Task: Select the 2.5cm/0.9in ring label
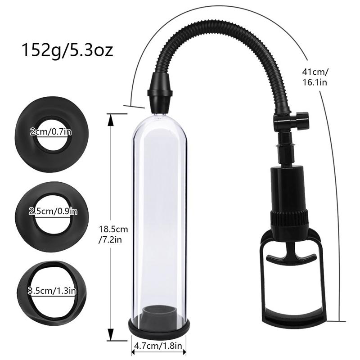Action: pos(51,211)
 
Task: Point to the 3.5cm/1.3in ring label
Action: pos(51,290)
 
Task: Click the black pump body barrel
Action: pos(288,184)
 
